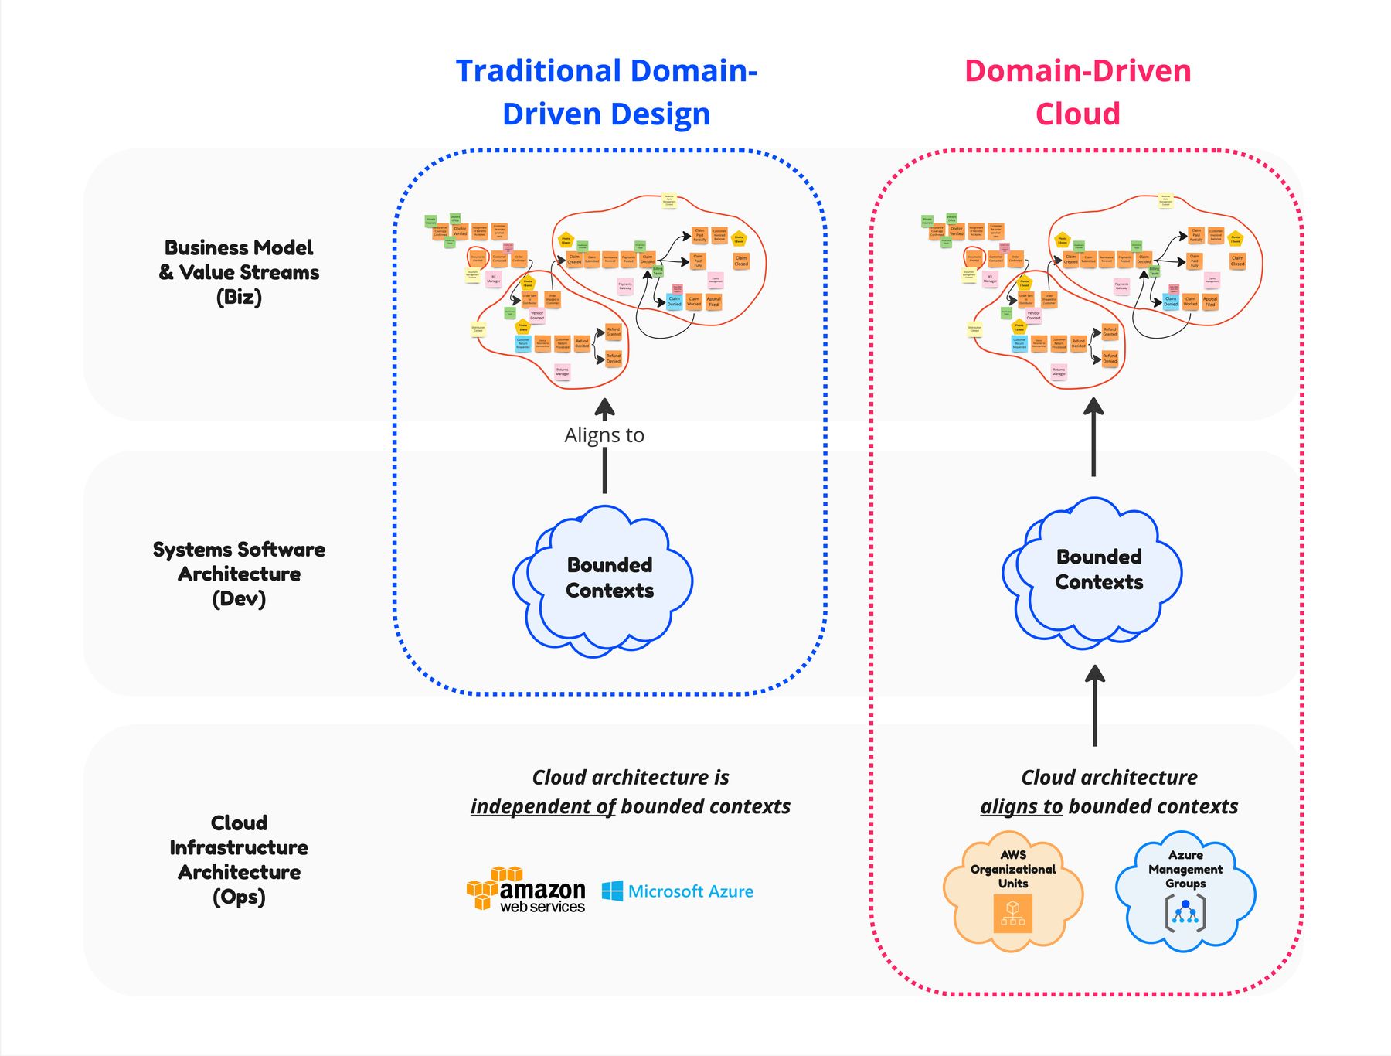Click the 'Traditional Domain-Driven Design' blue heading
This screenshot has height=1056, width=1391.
(606, 92)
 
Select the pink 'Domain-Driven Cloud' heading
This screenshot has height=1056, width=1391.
(1077, 92)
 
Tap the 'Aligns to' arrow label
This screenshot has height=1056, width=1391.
(604, 435)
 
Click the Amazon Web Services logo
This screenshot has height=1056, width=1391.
(526, 891)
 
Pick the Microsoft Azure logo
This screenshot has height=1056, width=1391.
(678, 891)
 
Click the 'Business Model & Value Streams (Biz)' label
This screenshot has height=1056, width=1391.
(239, 272)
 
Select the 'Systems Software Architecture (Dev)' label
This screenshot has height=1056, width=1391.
(239, 574)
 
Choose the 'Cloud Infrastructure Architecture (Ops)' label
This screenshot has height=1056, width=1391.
(239, 860)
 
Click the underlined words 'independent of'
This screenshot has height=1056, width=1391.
(542, 806)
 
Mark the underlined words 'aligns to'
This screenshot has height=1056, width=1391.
(1021, 806)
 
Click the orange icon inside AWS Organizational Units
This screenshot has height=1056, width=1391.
(1012, 913)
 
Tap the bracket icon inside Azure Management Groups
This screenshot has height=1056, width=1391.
(1185, 913)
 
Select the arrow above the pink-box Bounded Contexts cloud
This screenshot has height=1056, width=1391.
(1093, 437)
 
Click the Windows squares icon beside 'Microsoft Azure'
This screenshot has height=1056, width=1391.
(612, 891)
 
